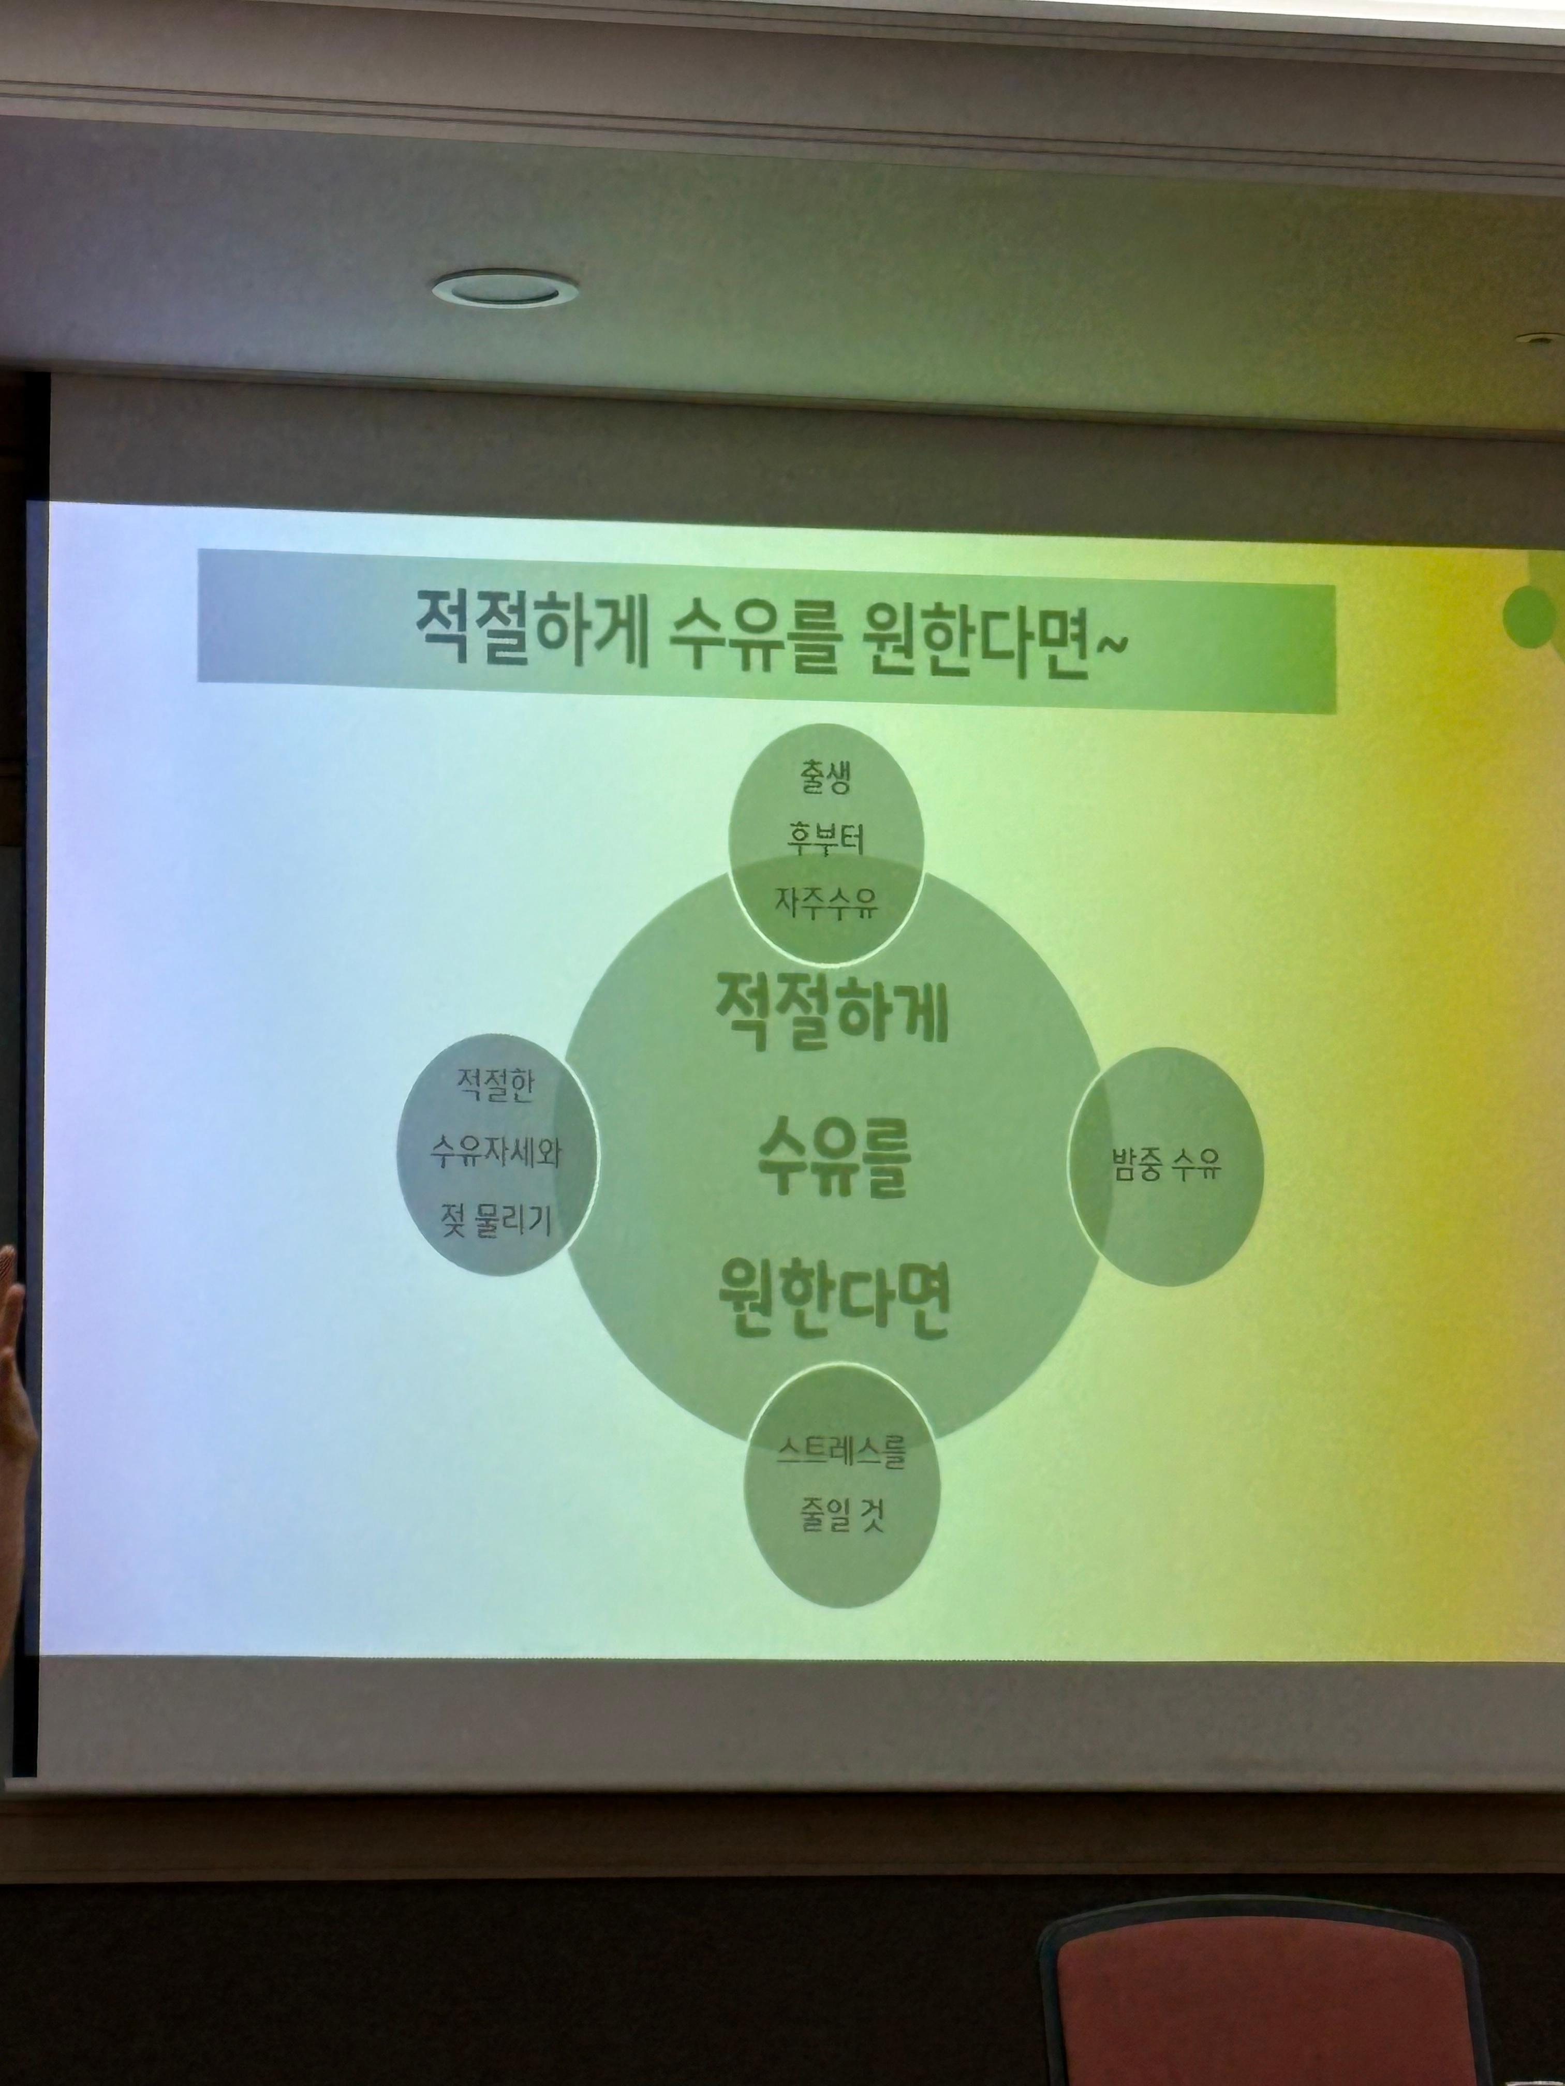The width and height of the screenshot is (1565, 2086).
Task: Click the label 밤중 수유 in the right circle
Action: click(1166, 1167)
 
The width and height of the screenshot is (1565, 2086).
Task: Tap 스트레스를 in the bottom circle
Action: click(841, 1451)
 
